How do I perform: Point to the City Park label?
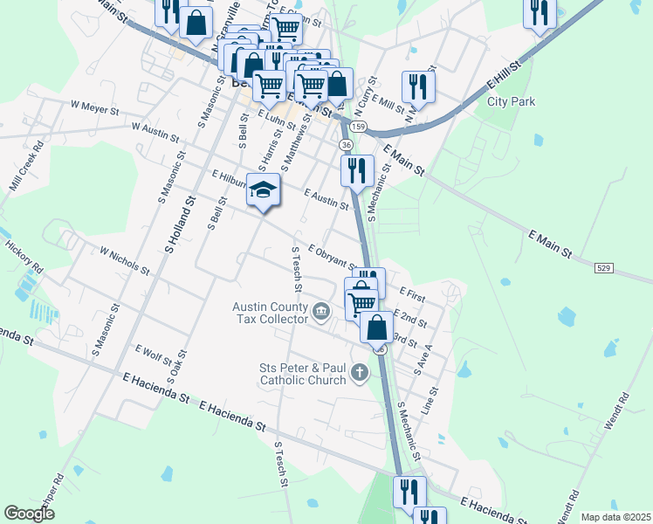pos(511,101)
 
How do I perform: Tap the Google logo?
pos(29,514)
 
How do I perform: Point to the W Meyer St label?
pos(94,107)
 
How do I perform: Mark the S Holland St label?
pos(182,225)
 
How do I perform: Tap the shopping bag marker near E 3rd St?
pos(377,327)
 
